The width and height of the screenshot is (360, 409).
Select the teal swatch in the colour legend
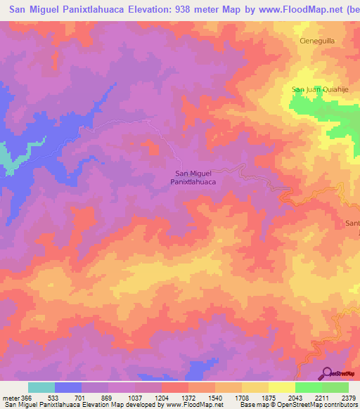tap(41, 387)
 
